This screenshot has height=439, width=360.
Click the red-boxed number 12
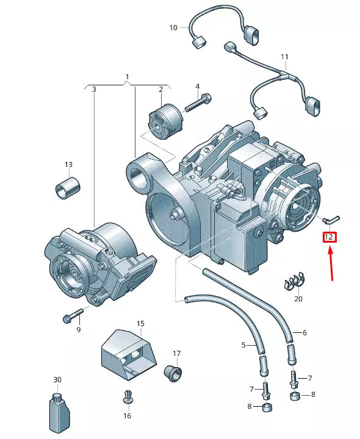coord(329,237)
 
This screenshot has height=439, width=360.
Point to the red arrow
coord(331,262)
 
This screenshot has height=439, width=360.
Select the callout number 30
coord(57,379)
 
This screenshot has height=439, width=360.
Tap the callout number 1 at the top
coord(127,77)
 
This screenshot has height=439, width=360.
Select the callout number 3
coord(94,90)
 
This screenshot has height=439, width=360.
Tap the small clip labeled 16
coord(127,396)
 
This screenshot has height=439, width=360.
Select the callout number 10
coord(173,27)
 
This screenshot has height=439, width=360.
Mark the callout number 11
coord(284,57)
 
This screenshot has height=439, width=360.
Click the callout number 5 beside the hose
coord(243,345)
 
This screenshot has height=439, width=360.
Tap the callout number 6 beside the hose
coord(304,332)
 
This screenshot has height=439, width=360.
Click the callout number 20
coord(298,299)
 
